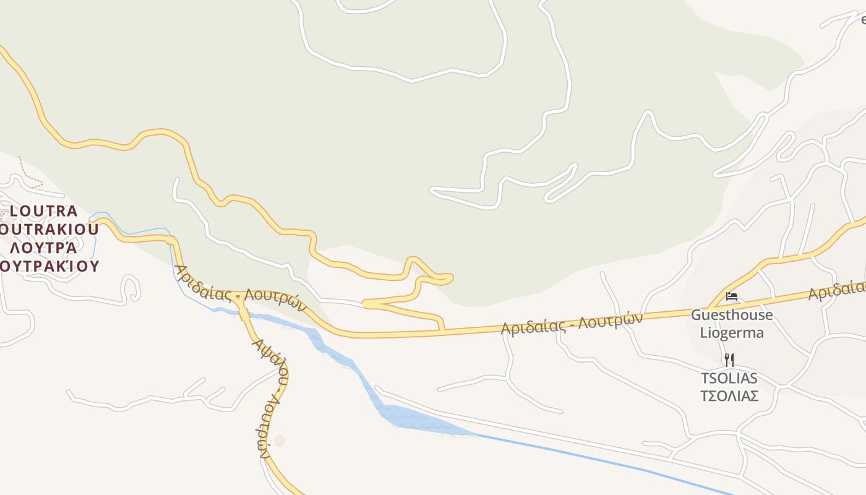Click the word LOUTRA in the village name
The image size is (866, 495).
click(44, 212)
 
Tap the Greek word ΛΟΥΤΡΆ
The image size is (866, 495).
click(44, 248)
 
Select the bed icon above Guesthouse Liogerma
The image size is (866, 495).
click(732, 296)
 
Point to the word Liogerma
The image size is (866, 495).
click(732, 333)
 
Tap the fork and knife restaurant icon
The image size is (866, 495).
click(729, 359)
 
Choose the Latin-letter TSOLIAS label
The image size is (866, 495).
click(729, 378)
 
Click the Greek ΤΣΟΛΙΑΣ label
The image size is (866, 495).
click(729, 396)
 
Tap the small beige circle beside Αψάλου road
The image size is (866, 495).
click(280, 441)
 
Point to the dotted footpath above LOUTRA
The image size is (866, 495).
click(28, 173)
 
